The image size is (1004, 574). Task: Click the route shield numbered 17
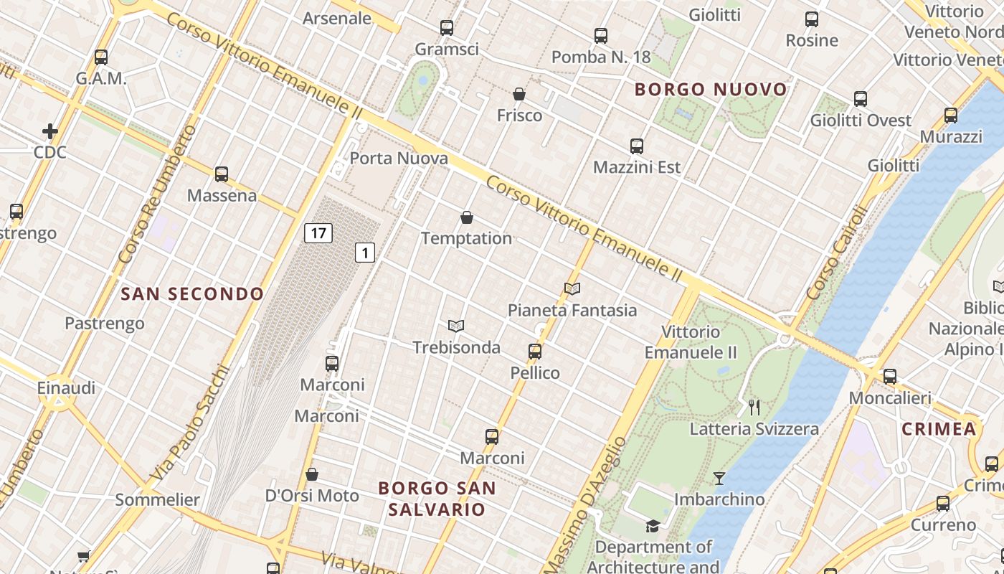318,232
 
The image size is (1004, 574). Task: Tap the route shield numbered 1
365,252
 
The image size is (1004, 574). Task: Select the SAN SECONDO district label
192,293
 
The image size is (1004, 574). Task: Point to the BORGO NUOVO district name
711,90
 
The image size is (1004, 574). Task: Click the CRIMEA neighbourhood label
939,429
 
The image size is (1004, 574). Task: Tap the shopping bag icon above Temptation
467,217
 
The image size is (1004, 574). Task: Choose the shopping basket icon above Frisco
519,94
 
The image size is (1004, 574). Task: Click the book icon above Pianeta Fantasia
572,288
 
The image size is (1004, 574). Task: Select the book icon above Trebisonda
456,326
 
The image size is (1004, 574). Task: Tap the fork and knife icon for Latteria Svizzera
754,407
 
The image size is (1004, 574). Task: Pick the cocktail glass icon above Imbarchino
719,478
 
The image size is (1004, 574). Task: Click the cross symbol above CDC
49,131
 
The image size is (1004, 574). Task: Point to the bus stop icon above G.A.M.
101,57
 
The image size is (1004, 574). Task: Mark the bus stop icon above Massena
222,174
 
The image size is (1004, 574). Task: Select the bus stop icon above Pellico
535,351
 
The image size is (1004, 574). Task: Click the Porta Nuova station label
399,159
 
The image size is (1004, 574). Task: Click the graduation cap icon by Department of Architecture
653,527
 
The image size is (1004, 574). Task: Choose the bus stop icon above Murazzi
951,115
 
